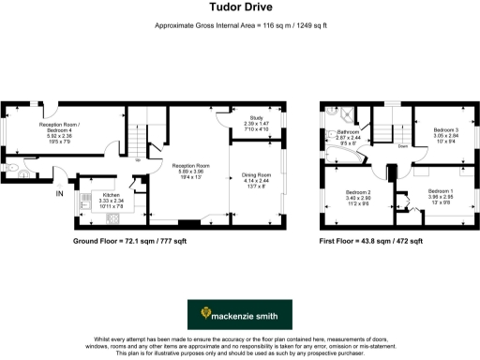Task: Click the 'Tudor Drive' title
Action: (239, 8)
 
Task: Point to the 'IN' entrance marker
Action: (60, 194)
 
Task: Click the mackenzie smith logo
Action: (239, 311)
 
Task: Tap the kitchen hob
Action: (112, 217)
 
